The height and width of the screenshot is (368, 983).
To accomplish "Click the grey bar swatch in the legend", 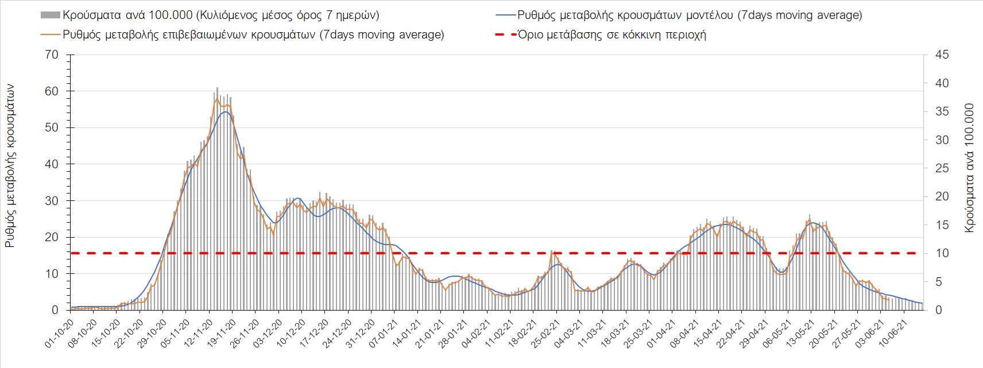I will [x=50, y=15].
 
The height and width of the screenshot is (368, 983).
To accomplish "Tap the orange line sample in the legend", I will [x=50, y=34].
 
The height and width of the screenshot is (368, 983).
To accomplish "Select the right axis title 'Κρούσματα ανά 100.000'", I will [x=970, y=168].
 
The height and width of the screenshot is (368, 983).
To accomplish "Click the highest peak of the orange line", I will [x=217, y=99].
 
